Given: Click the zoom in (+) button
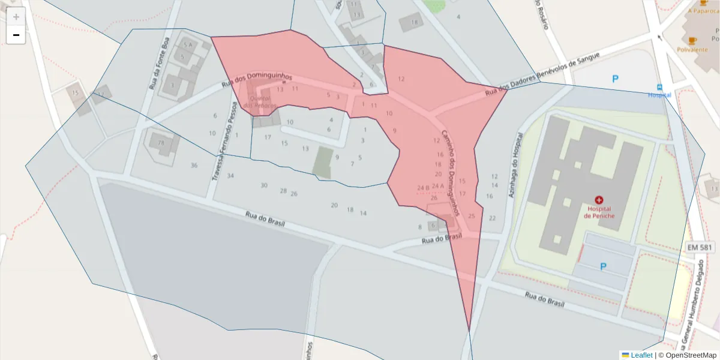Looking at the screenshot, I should tap(16, 17).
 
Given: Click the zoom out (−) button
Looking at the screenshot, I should tap(16, 35).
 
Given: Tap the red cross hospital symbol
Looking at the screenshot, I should tap(598, 199).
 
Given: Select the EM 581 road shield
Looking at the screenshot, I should tap(700, 247).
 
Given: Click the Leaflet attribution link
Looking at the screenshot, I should tap(641, 355).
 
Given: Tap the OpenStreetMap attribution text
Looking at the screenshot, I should tap(687, 355).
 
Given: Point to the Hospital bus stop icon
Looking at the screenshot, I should tap(659, 86).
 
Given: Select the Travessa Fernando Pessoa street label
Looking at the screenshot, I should tap(219, 142).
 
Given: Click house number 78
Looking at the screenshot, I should tap(161, 143).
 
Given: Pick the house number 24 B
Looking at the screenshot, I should tap(423, 188).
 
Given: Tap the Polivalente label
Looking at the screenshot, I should tap(692, 50).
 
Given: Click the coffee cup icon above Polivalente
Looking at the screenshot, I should tap(692, 40).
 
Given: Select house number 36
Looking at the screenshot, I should tap(194, 165).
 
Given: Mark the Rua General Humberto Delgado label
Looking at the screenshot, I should tap(692, 306).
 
